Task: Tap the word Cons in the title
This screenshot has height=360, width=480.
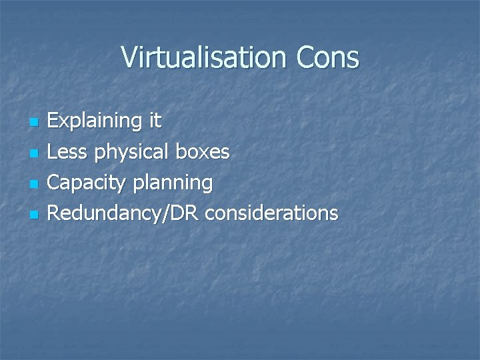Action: (x=330, y=57)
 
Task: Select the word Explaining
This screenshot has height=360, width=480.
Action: (x=94, y=121)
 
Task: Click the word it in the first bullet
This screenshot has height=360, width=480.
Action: (x=154, y=121)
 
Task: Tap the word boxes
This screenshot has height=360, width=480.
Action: (x=202, y=152)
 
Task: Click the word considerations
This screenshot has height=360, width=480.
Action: (x=272, y=213)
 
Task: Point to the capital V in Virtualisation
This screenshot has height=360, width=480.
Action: (x=130, y=57)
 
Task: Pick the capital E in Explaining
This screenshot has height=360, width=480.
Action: (x=55, y=121)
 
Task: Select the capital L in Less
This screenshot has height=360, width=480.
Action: (x=54, y=152)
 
